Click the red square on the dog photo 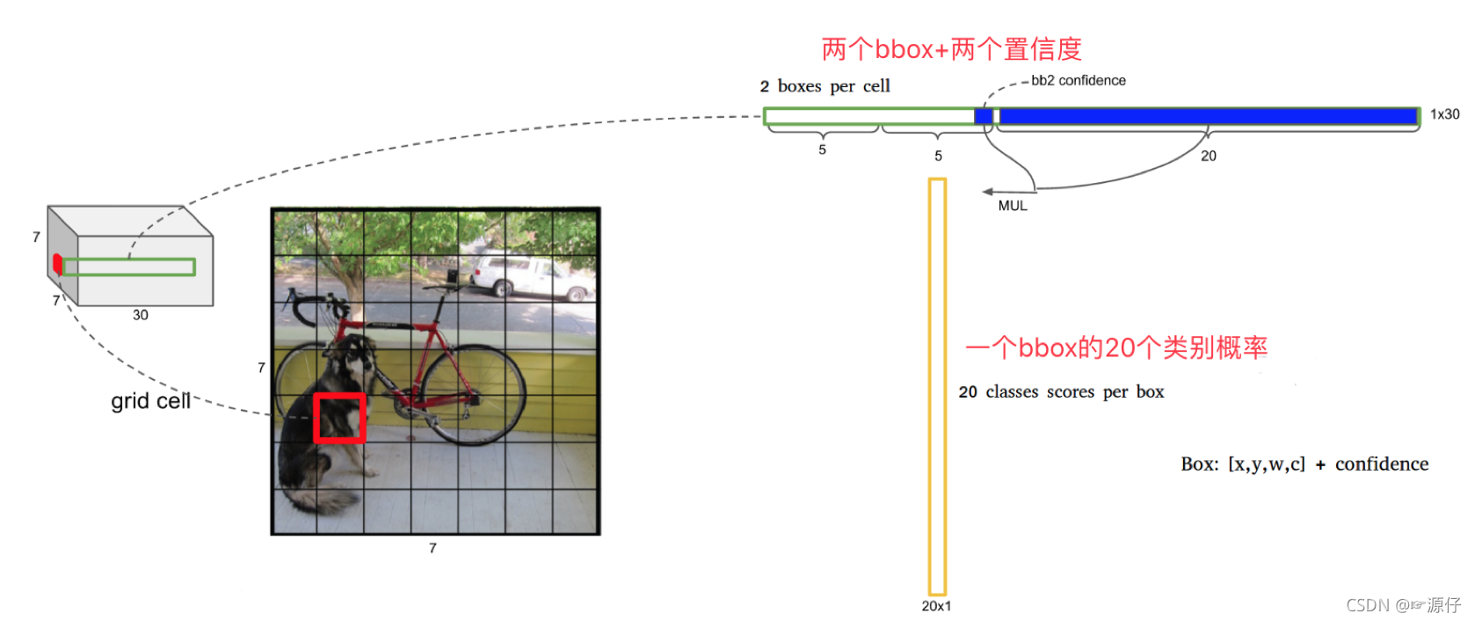339,418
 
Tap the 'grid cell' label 150,401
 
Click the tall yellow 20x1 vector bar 937,387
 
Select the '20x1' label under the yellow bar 936,606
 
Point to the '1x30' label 1444,114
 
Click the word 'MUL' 1013,206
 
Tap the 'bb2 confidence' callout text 1079,81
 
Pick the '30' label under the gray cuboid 141,315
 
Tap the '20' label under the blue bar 1209,156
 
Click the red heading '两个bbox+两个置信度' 951,49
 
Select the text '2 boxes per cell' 825,86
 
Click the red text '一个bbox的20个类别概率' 1115,347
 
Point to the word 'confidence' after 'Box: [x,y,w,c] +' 1381,464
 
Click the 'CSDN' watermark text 1368,605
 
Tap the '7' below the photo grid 432,548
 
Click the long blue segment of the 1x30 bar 1209,116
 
